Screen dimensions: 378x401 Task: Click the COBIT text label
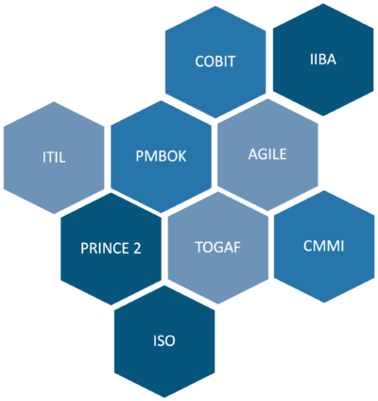[x=215, y=61]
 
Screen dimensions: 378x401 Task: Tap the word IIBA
[x=323, y=60]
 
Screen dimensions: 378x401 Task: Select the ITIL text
[x=54, y=157]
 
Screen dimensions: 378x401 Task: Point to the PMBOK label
[x=161, y=156]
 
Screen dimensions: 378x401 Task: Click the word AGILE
[x=267, y=154]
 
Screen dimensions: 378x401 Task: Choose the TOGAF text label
[x=218, y=247]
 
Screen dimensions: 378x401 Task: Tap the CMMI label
[x=324, y=246]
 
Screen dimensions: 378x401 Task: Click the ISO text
[x=164, y=340]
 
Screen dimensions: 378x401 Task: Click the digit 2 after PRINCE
[x=137, y=249]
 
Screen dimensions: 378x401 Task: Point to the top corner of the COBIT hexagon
[x=215, y=6]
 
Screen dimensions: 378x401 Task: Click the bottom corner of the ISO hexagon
[x=164, y=398]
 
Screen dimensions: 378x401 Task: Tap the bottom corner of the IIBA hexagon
[x=323, y=116]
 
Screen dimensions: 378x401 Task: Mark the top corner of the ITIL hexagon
[x=54, y=101]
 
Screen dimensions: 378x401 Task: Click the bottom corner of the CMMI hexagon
[x=324, y=303]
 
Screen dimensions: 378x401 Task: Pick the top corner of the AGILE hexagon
[x=267, y=98]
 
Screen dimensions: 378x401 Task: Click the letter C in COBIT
[x=199, y=61]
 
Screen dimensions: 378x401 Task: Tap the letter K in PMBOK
[x=182, y=156]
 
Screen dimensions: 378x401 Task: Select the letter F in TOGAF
[x=237, y=247]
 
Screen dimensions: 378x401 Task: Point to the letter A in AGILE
[x=252, y=154]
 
